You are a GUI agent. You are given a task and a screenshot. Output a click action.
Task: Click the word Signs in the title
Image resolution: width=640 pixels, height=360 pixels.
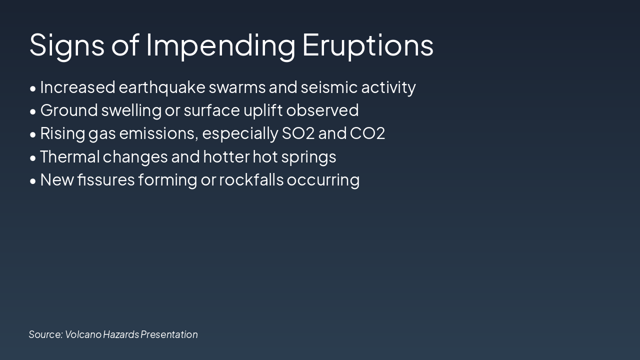[67, 45]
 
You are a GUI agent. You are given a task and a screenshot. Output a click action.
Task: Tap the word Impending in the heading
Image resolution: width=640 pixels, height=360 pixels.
[220, 45]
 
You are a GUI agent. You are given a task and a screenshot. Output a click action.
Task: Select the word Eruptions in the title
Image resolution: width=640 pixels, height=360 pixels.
[367, 45]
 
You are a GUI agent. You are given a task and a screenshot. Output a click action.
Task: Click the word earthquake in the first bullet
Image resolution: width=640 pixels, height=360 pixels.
[162, 87]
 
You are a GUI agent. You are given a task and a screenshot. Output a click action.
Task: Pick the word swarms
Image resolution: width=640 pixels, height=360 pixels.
[237, 87]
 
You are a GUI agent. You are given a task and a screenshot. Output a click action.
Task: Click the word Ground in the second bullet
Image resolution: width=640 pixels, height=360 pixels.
[69, 110]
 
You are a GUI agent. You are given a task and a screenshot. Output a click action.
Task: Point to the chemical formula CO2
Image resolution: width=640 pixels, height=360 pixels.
[367, 133]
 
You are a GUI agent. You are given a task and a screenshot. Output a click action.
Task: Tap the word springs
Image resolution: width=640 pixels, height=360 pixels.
[308, 157]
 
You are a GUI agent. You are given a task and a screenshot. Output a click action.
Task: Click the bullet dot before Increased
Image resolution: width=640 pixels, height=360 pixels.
[33, 88]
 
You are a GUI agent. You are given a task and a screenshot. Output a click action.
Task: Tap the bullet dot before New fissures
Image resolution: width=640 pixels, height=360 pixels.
[33, 181]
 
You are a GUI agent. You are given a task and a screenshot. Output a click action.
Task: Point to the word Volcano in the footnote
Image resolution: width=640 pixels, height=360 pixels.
[83, 334]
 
